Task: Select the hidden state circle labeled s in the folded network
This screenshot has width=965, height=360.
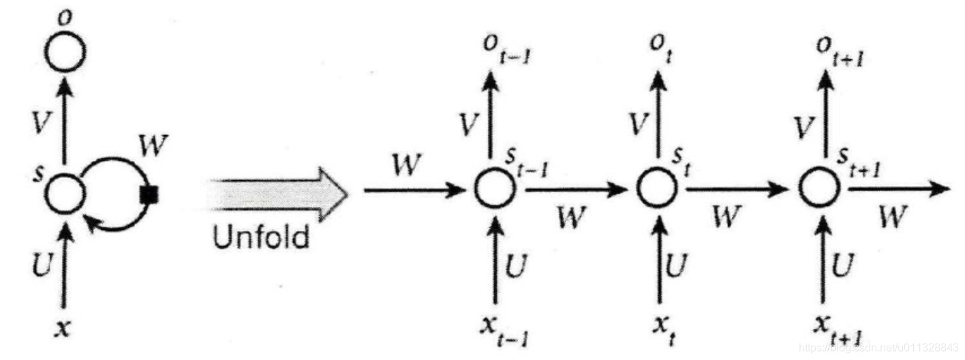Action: point(65,193)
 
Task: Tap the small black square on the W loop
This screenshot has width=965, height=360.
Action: point(149,195)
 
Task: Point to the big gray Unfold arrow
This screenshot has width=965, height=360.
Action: point(279,193)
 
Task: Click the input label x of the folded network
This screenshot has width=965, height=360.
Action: point(63,329)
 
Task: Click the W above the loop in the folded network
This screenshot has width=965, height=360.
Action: point(153,145)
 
